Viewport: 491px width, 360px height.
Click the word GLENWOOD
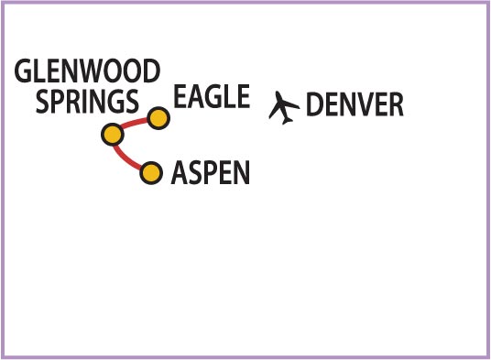point(87,71)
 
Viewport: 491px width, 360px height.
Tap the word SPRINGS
point(87,101)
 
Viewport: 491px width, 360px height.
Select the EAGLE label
point(212,96)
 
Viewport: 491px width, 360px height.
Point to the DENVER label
point(355,104)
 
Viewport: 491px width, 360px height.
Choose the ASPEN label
point(211,172)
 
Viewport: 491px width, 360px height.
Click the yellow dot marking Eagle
point(158,118)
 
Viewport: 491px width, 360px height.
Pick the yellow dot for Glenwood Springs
point(113,135)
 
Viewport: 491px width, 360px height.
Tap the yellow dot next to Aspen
point(151,173)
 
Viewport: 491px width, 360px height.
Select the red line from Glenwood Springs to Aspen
point(125,159)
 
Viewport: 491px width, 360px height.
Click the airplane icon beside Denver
point(283,108)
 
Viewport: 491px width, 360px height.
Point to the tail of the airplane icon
point(287,120)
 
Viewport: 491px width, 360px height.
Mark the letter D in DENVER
point(314,104)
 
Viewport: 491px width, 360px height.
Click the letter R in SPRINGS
point(75,102)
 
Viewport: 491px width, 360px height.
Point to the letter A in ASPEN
point(180,172)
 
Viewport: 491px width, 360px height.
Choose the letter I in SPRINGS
point(89,102)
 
